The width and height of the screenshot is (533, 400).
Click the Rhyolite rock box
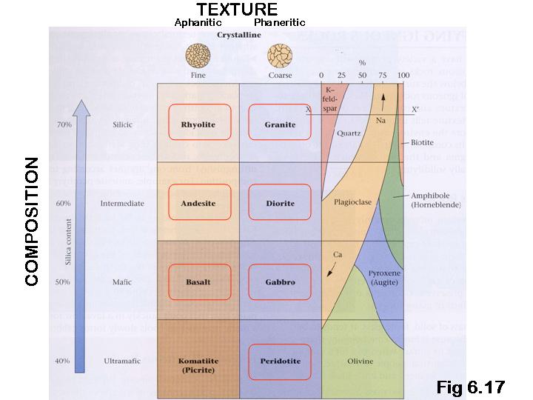pyautogui.click(x=198, y=124)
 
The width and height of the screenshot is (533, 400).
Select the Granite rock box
pyautogui.click(x=280, y=124)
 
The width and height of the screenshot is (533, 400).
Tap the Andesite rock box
pyautogui.click(x=198, y=203)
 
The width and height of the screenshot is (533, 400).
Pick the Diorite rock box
pyautogui.click(x=280, y=203)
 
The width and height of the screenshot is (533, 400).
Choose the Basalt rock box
pyautogui.click(x=198, y=282)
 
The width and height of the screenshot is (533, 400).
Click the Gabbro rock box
pyautogui.click(x=280, y=282)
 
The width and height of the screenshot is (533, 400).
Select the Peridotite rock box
pyautogui.click(x=280, y=361)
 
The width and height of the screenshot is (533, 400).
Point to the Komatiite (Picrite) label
pyautogui.click(x=198, y=364)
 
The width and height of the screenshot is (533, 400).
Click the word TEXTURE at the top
pyautogui.click(x=237, y=10)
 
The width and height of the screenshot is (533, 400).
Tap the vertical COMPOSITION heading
pyautogui.click(x=32, y=221)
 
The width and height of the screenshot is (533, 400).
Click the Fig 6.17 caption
pyautogui.click(x=470, y=387)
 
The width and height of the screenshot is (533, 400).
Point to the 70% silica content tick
pyautogui.click(x=63, y=124)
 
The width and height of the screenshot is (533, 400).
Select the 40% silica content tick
pyautogui.click(x=63, y=361)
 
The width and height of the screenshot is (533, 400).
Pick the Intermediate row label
pyautogui.click(x=122, y=203)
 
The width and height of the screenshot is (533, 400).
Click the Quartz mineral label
pyautogui.click(x=348, y=134)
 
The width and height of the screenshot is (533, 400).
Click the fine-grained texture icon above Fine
pyautogui.click(x=198, y=56)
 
